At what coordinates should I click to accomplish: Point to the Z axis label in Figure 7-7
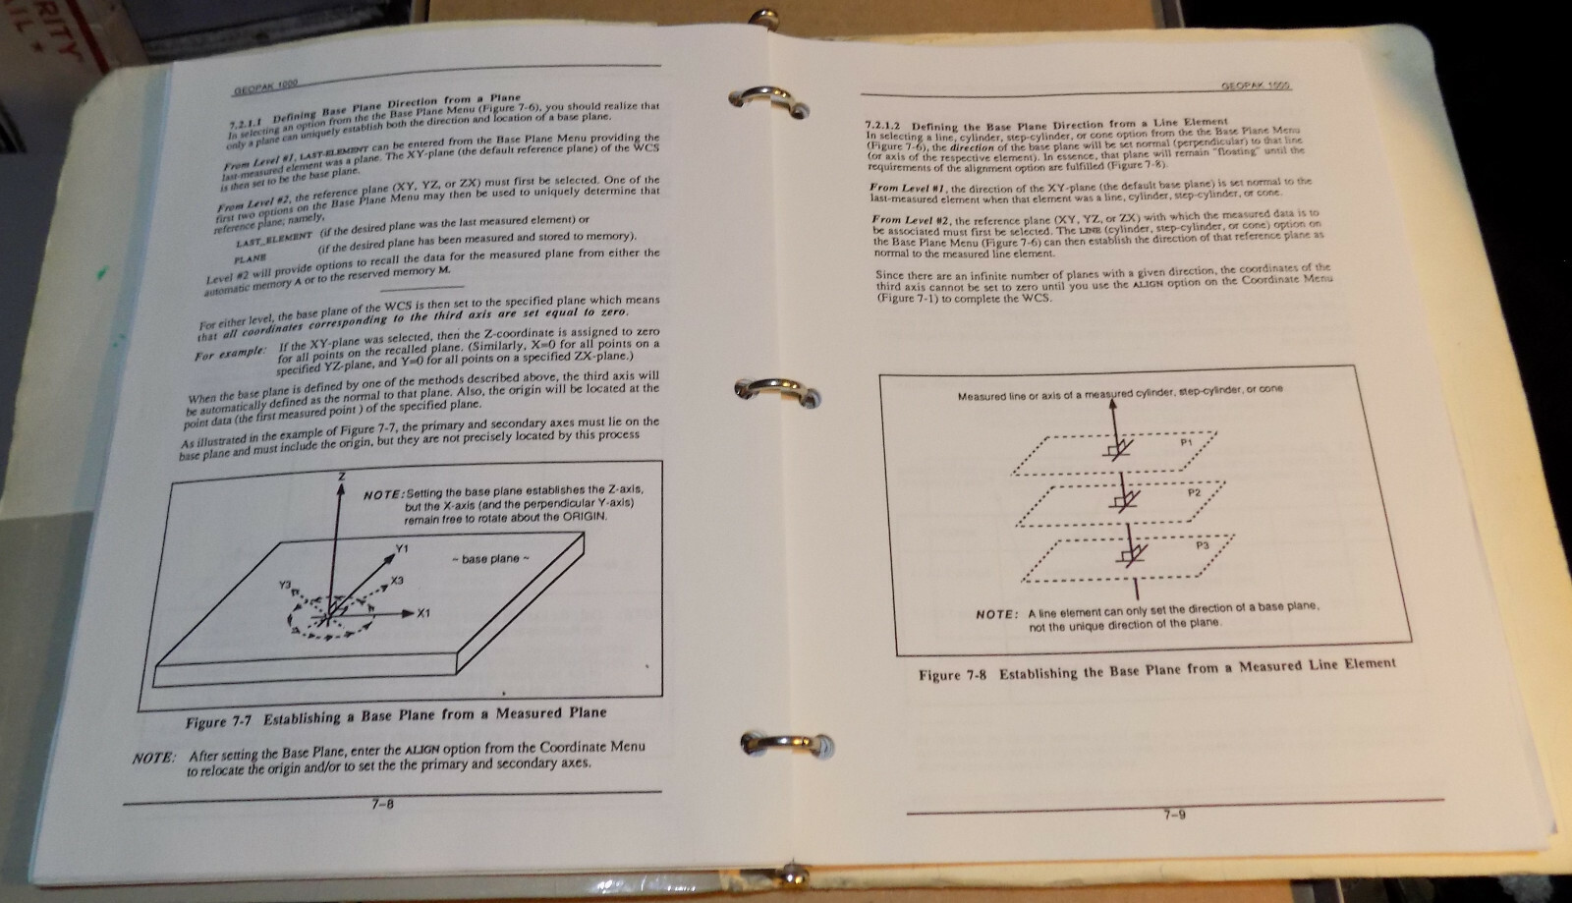point(341,476)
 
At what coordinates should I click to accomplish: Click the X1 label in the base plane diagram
point(424,614)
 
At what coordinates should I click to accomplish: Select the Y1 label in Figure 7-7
point(402,548)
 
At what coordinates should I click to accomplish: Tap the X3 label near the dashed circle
point(396,581)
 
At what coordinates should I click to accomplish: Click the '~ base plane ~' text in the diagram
point(491,559)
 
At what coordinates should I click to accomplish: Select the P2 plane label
point(1195,492)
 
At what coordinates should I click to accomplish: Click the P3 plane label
point(1202,544)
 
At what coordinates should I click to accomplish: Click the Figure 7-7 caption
point(396,716)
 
